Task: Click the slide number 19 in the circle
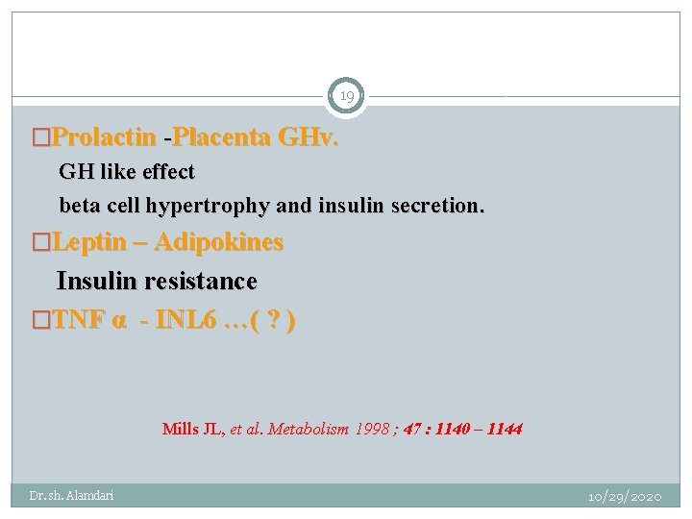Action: pos(346,96)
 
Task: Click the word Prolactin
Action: pos(104,137)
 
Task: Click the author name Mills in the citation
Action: pos(180,429)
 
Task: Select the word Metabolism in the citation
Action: pos(308,429)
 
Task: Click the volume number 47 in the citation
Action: pos(411,429)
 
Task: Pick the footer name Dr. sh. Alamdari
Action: pos(71,496)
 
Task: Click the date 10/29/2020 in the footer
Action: pos(625,496)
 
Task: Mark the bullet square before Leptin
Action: pos(41,242)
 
